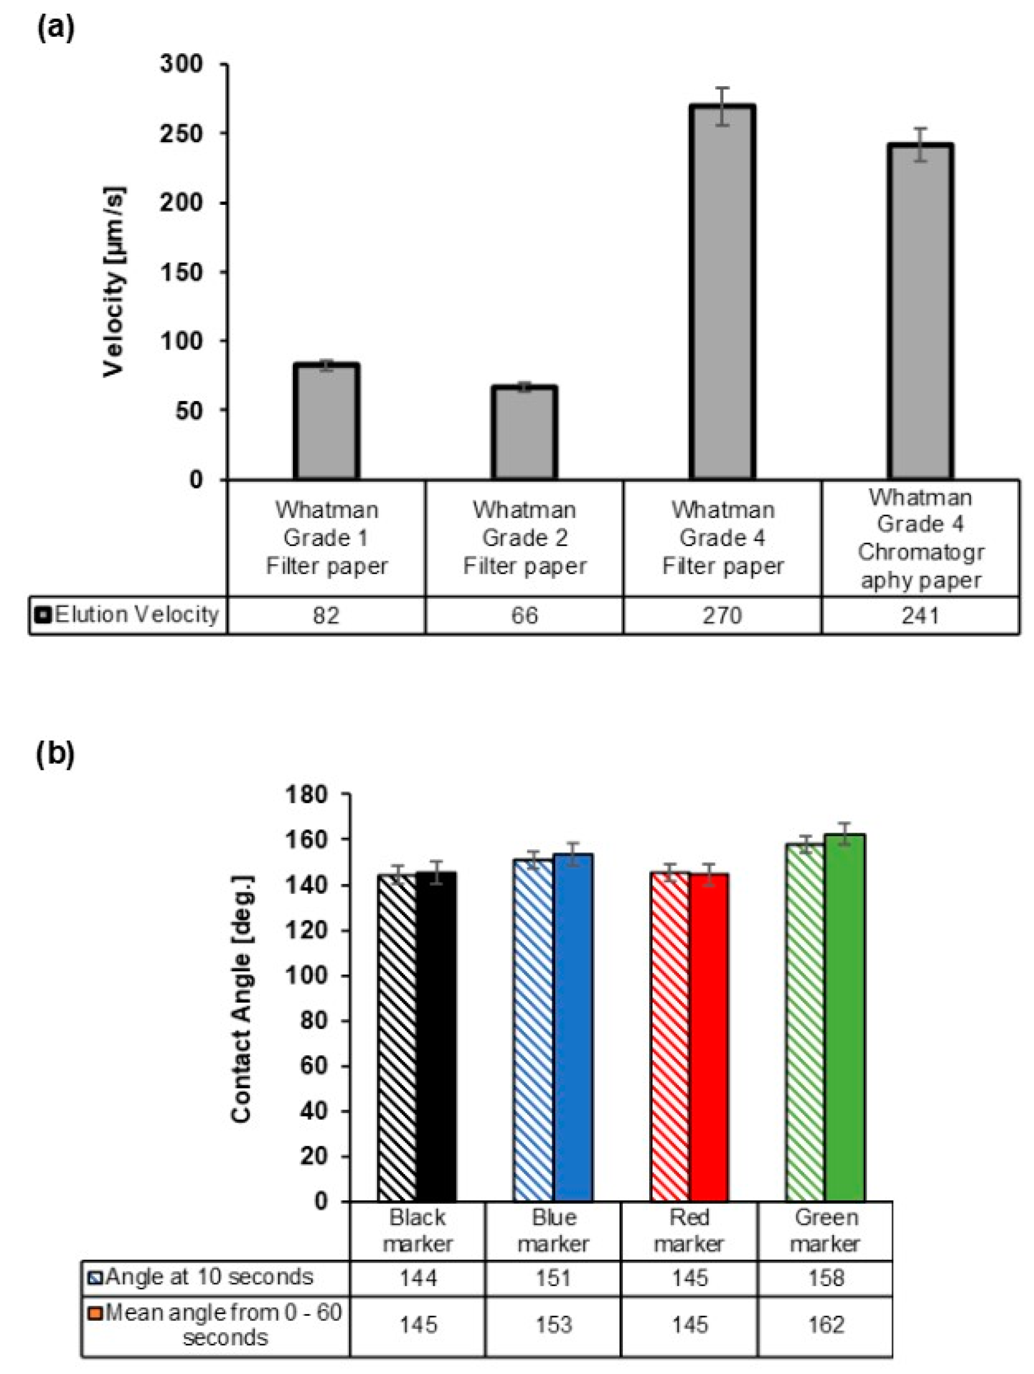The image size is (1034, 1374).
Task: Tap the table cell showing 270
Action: pyautogui.click(x=722, y=615)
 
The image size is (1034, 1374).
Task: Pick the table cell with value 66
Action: pyautogui.click(x=524, y=615)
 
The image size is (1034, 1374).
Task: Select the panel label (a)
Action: pyautogui.click(x=56, y=29)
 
